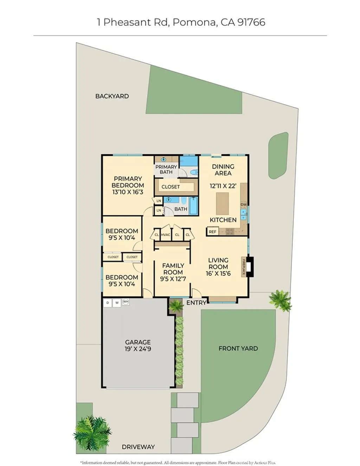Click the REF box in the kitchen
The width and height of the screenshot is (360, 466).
[212, 232]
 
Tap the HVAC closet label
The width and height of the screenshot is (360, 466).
[166, 235]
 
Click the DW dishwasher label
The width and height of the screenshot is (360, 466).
[244, 204]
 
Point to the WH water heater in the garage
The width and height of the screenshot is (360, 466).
[126, 302]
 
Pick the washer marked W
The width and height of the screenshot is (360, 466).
[117, 302]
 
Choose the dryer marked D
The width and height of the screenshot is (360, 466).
[108, 302]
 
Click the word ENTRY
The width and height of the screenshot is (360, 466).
[196, 302]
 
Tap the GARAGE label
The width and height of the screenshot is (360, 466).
[138, 342]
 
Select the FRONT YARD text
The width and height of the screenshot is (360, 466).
[238, 349]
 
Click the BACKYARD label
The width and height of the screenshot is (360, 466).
[112, 96]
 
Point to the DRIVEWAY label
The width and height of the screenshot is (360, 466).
[138, 447]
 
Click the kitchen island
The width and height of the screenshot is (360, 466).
[222, 203]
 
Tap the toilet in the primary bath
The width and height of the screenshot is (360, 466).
[193, 172]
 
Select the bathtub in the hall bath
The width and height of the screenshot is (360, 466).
[193, 205]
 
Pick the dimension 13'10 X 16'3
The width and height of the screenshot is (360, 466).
[128, 192]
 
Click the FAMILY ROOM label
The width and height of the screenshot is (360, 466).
[173, 269]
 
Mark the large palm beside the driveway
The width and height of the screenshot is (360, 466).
[92, 433]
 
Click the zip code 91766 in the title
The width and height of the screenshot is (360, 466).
[251, 22]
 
